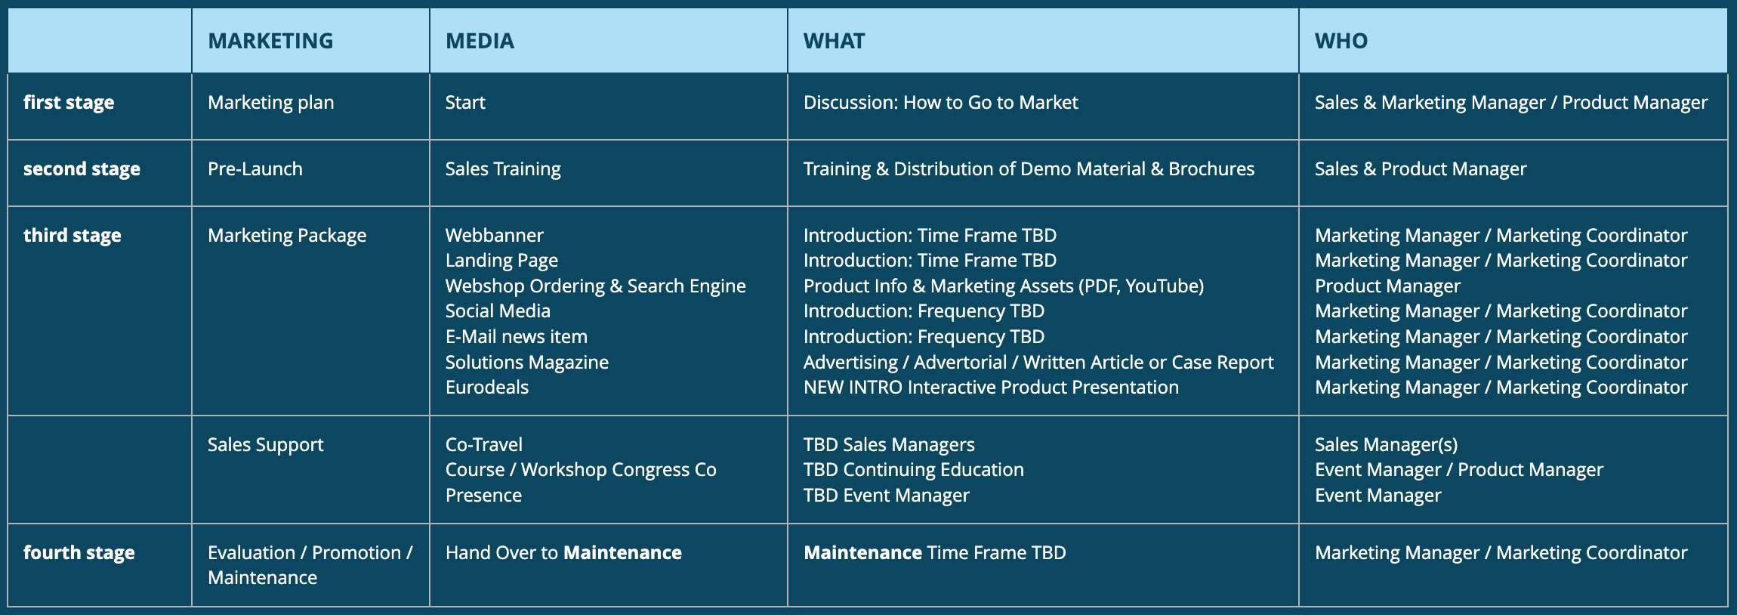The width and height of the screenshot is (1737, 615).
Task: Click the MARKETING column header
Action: click(x=270, y=41)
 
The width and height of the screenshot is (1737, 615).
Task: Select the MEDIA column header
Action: click(x=480, y=41)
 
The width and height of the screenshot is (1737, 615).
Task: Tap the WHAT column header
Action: click(x=834, y=41)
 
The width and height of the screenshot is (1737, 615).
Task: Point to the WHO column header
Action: click(x=1341, y=41)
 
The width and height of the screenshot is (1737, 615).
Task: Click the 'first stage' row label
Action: click(x=69, y=103)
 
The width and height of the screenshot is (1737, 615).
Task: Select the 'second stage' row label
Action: click(x=82, y=169)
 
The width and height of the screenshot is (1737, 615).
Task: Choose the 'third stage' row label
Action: click(x=73, y=236)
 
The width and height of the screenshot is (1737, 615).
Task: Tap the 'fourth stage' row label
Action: click(x=79, y=553)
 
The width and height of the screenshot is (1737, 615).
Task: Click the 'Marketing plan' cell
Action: click(x=270, y=103)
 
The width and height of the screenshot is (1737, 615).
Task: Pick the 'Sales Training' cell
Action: click(x=503, y=169)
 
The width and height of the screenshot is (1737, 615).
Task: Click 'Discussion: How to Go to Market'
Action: click(x=940, y=103)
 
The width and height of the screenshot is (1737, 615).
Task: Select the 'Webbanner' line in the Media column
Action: click(x=494, y=236)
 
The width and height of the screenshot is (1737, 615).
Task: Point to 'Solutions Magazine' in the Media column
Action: click(x=526, y=363)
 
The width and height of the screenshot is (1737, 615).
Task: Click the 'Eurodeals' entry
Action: click(x=486, y=388)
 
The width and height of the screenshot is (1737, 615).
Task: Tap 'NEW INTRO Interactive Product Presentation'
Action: click(x=991, y=388)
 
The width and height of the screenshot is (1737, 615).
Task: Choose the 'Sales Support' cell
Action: click(x=265, y=445)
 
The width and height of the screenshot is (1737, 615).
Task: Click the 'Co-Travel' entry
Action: click(x=483, y=445)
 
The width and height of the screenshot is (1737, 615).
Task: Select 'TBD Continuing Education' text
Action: click(x=913, y=470)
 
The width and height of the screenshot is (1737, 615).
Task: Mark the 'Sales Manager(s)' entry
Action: click(x=1386, y=445)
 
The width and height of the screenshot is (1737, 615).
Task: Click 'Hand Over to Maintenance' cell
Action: click(x=563, y=553)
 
